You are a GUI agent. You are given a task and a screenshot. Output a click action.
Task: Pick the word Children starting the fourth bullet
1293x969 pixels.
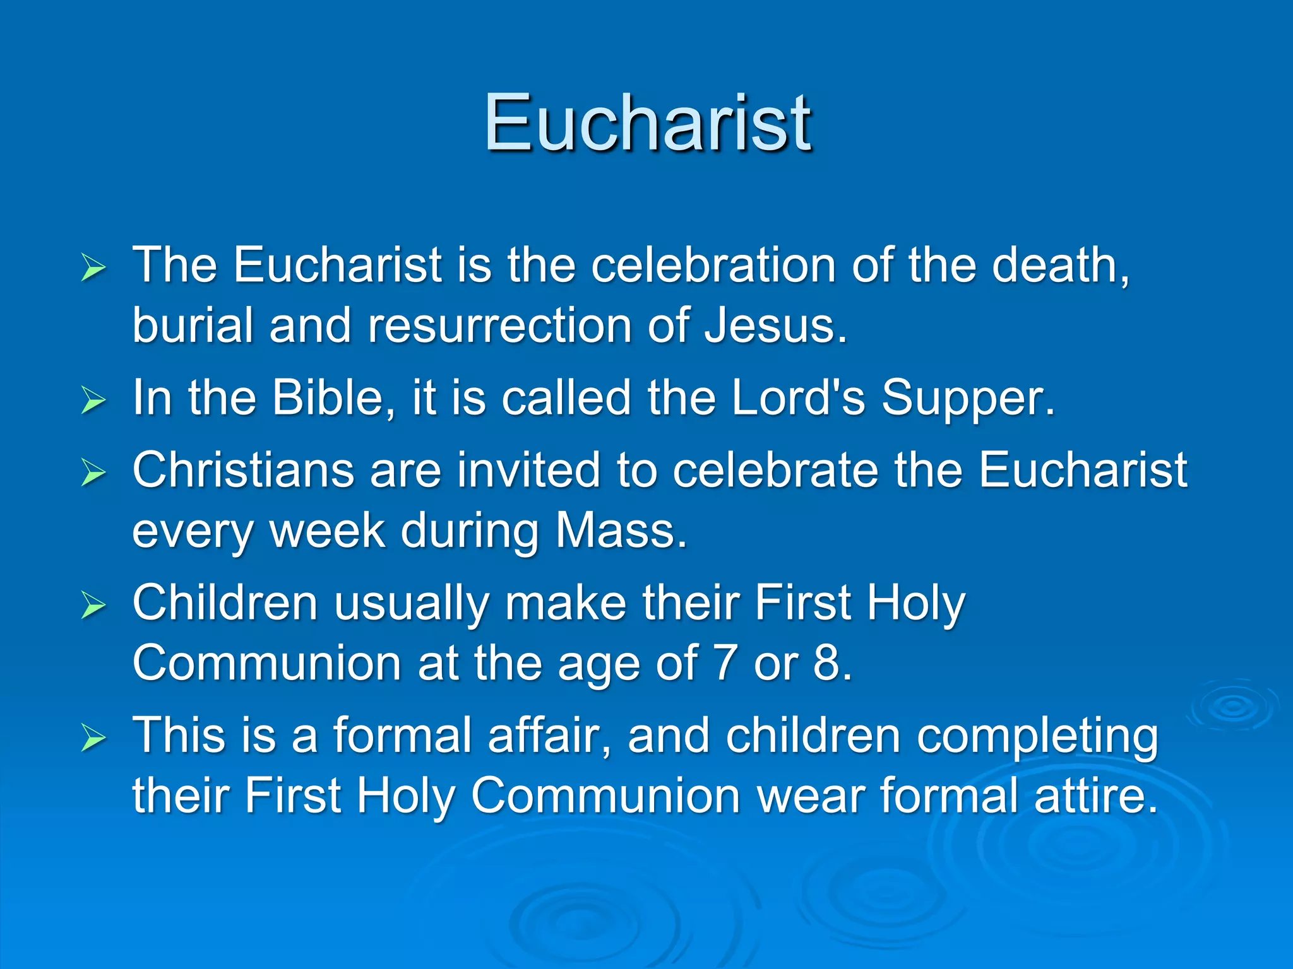click(225, 602)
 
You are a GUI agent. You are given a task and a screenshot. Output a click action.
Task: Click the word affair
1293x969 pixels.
click(542, 735)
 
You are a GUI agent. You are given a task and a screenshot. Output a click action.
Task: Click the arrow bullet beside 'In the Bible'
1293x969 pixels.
click(93, 399)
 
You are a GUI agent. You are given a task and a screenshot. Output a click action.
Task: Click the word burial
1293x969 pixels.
click(193, 326)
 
